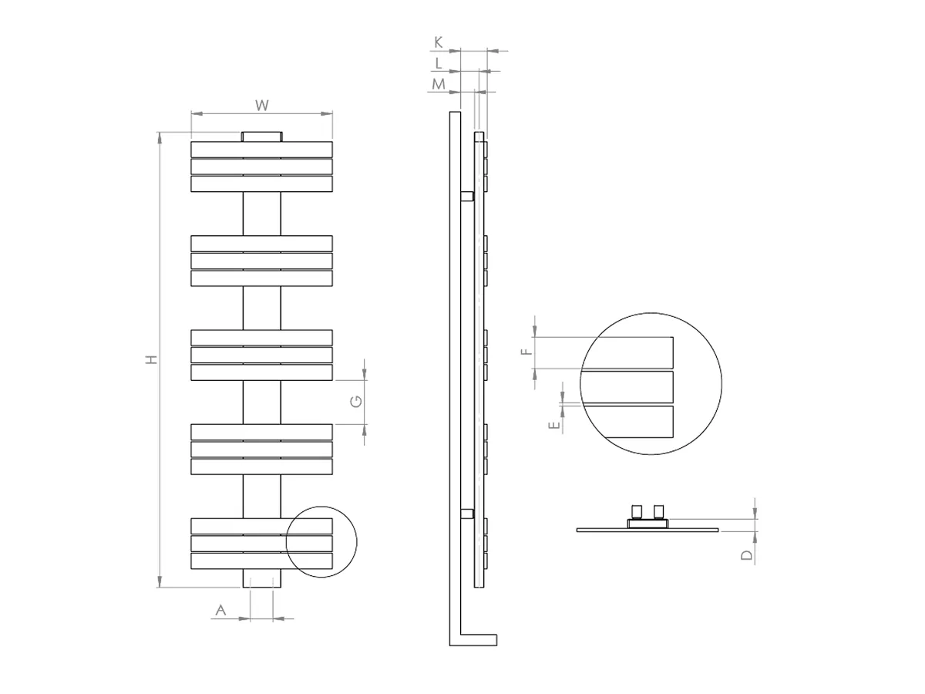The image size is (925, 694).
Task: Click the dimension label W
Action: point(261,103)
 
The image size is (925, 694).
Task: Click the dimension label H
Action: point(152,359)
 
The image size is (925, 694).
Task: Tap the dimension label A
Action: point(220,611)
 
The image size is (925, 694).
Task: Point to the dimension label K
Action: point(439,42)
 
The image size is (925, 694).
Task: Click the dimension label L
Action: point(439,63)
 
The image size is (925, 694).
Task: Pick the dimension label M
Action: point(439,84)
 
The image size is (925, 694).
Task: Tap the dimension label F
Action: point(526,352)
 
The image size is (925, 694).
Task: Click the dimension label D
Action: point(746,555)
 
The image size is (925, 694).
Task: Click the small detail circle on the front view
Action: point(321,542)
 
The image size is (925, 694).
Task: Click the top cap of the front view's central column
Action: point(262,136)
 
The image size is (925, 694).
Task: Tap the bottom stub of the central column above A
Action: point(262,579)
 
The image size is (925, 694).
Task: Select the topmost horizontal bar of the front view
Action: point(262,149)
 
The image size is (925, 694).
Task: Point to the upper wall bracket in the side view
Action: point(466,197)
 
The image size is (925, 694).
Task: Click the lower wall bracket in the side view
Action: point(466,514)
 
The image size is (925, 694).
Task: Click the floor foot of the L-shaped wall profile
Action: point(478,639)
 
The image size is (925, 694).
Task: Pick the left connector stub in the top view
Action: point(637,511)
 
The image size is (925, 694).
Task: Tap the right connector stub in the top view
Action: point(658,511)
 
